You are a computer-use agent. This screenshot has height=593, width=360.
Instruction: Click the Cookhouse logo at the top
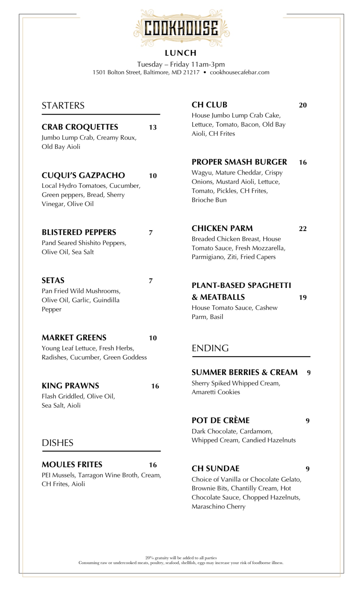pyautogui.click(x=181, y=28)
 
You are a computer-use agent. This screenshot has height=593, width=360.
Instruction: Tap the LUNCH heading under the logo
pyautogui.click(x=181, y=53)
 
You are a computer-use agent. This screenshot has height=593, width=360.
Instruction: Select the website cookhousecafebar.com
pyautogui.click(x=240, y=72)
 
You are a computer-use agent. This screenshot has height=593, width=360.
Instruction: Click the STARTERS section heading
pyautogui.click(x=63, y=106)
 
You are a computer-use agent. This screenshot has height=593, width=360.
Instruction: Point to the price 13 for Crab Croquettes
pyautogui.click(x=153, y=127)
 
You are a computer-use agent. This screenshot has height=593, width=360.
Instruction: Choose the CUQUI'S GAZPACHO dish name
pyautogui.click(x=83, y=175)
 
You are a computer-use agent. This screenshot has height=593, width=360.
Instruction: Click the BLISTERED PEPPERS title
pyautogui.click(x=79, y=232)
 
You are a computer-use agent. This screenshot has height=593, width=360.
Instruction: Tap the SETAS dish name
pyautogui.click(x=53, y=280)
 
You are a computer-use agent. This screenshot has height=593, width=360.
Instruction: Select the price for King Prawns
pyautogui.click(x=155, y=386)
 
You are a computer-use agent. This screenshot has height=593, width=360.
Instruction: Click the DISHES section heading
pyautogui.click(x=58, y=443)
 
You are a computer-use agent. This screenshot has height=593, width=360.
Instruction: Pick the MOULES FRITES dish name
pyautogui.click(x=72, y=465)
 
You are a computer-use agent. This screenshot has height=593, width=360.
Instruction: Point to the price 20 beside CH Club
pyautogui.click(x=303, y=105)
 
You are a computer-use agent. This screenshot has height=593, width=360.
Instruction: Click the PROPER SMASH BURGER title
pyautogui.click(x=239, y=162)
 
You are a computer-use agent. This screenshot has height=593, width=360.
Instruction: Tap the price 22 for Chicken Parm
pyautogui.click(x=303, y=229)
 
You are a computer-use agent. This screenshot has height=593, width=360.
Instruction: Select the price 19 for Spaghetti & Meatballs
pyautogui.click(x=303, y=297)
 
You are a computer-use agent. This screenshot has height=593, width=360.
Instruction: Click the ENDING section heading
pyautogui.click(x=210, y=348)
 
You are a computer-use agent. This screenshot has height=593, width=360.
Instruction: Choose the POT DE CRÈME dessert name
pyautogui.click(x=221, y=420)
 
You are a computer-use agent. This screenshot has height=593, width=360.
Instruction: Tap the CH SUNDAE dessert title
pyautogui.click(x=216, y=468)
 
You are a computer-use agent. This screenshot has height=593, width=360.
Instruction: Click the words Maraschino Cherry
pyautogui.click(x=218, y=507)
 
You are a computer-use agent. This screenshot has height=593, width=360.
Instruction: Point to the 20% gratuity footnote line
pyautogui.click(x=181, y=558)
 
